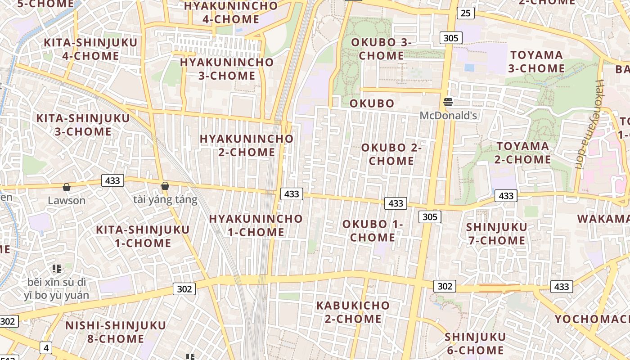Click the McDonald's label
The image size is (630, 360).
(448, 116)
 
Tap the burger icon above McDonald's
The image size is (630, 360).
(448, 102)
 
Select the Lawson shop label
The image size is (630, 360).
(67, 200)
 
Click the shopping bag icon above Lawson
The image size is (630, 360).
(67, 187)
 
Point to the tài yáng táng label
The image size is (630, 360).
(165, 199)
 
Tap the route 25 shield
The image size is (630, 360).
(465, 13)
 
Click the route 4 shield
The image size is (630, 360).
(46, 347)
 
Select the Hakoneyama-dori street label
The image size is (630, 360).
(587, 124)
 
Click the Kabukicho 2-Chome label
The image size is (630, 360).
(353, 312)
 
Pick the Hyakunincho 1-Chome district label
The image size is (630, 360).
(256, 225)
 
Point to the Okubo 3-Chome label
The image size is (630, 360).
(381, 49)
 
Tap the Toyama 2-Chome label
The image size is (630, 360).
(523, 153)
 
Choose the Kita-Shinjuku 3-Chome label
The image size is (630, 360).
(83, 125)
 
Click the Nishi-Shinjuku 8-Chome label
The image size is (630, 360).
(116, 332)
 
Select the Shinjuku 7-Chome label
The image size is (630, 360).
(496, 234)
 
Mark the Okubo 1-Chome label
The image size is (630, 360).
(373, 230)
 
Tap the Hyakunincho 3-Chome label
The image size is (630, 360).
(227, 69)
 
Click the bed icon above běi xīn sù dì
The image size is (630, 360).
(57, 269)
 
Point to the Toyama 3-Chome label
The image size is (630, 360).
(536, 62)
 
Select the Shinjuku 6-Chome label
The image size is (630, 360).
(475, 343)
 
